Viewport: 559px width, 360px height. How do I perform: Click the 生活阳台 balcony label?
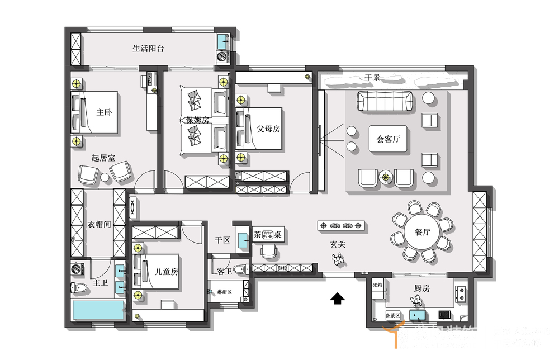(148, 49)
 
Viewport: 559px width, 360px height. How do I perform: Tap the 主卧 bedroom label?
(104, 112)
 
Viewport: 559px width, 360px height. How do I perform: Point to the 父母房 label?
(268, 129)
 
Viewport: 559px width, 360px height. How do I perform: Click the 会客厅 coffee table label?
(389, 139)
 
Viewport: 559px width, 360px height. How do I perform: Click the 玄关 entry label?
(338, 244)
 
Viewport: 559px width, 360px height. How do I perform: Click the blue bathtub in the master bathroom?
(97, 311)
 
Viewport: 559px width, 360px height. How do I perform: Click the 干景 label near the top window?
(372, 78)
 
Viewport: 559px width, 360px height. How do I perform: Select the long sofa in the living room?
(385, 102)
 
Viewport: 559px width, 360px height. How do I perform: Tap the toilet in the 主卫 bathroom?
(79, 288)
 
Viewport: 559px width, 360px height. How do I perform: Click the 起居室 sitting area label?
(103, 158)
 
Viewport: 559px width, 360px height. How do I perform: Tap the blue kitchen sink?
(417, 316)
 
